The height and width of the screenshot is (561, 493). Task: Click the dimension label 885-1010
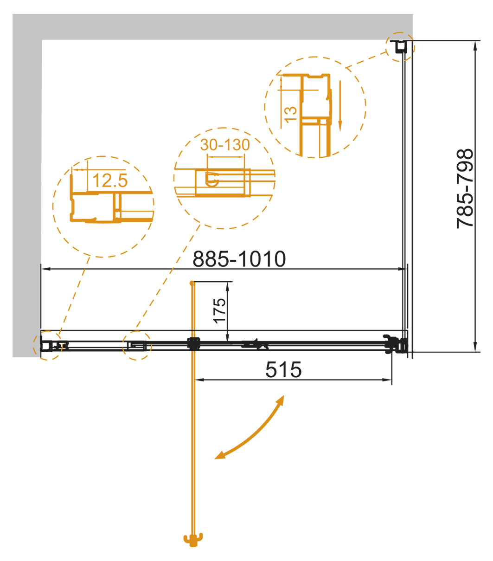(x=239, y=259)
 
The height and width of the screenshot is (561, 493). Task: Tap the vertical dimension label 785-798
(x=465, y=188)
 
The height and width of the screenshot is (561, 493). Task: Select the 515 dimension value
(x=283, y=370)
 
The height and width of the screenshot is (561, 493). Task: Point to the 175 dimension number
(x=219, y=311)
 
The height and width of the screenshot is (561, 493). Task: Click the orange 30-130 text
(x=225, y=144)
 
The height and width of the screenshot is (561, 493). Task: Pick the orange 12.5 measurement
(x=110, y=180)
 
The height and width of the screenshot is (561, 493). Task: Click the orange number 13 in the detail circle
(x=290, y=115)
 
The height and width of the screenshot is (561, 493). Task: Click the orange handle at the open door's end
(x=193, y=540)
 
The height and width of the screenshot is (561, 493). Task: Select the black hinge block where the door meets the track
(x=193, y=344)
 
